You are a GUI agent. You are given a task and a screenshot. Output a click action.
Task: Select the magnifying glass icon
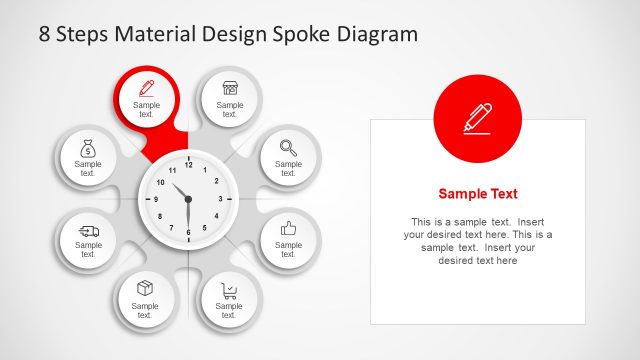coord(288,147)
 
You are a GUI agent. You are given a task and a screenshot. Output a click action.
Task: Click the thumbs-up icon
coord(288,228)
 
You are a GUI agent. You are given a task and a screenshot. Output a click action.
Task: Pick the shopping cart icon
coord(230,290)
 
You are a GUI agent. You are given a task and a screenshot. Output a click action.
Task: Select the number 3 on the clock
coord(221,199)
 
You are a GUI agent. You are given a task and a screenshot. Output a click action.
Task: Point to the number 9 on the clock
coord(155,199)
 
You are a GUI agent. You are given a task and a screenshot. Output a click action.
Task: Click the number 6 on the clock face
coord(188,232)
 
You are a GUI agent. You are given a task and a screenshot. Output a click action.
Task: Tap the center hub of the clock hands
coord(188,199)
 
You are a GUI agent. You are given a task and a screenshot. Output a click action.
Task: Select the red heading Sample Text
coord(478,194)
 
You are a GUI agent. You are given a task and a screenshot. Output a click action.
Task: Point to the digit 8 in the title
coord(45,34)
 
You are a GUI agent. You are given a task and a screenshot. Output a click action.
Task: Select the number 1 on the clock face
coord(205,170)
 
